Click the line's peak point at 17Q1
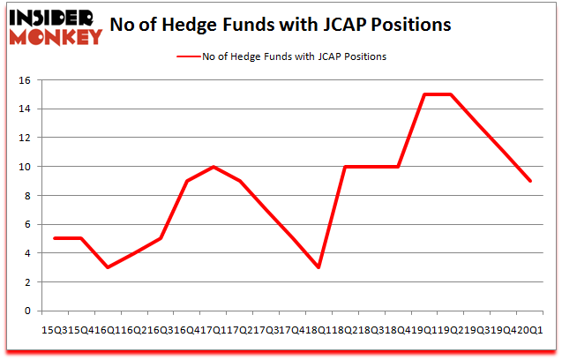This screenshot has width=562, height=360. (214, 167)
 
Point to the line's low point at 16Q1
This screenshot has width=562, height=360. (107, 267)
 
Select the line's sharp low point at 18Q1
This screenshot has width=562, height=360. (318, 267)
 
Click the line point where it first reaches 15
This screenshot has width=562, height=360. (424, 94)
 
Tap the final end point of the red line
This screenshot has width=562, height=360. (529, 181)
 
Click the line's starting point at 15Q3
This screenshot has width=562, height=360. (55, 238)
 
